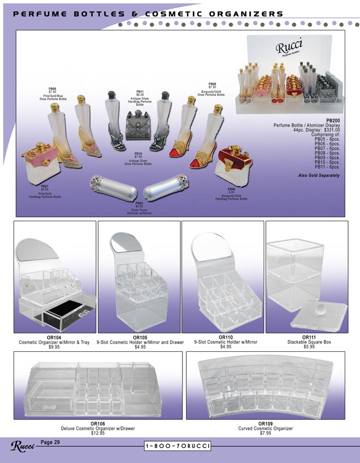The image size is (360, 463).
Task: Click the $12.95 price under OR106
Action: pyautogui.click(x=97, y=433)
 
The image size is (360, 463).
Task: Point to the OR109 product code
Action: pyautogui.click(x=265, y=424)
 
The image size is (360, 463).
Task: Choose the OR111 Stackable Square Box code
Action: pyautogui.click(x=309, y=338)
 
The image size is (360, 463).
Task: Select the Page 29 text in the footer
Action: pyautogui.click(x=51, y=442)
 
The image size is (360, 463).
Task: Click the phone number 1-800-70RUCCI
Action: pyautogui.click(x=179, y=447)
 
